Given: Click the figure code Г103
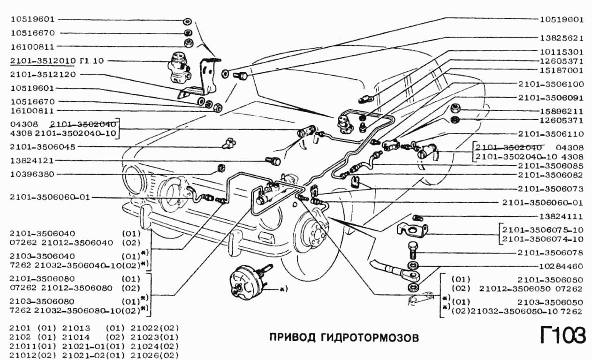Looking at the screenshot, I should click(x=562, y=336).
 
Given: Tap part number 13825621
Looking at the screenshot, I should click(x=562, y=38).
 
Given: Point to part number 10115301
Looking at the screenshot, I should click(x=562, y=51).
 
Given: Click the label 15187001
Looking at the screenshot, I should click(x=562, y=70).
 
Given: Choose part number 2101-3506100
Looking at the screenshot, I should click(x=551, y=84).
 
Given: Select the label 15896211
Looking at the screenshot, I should click(x=562, y=112).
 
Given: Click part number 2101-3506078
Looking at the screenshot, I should click(x=551, y=253).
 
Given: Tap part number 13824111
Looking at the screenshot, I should click(x=562, y=216).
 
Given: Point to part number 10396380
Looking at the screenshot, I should click(x=32, y=174).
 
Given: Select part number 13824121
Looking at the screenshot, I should click(x=32, y=161).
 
